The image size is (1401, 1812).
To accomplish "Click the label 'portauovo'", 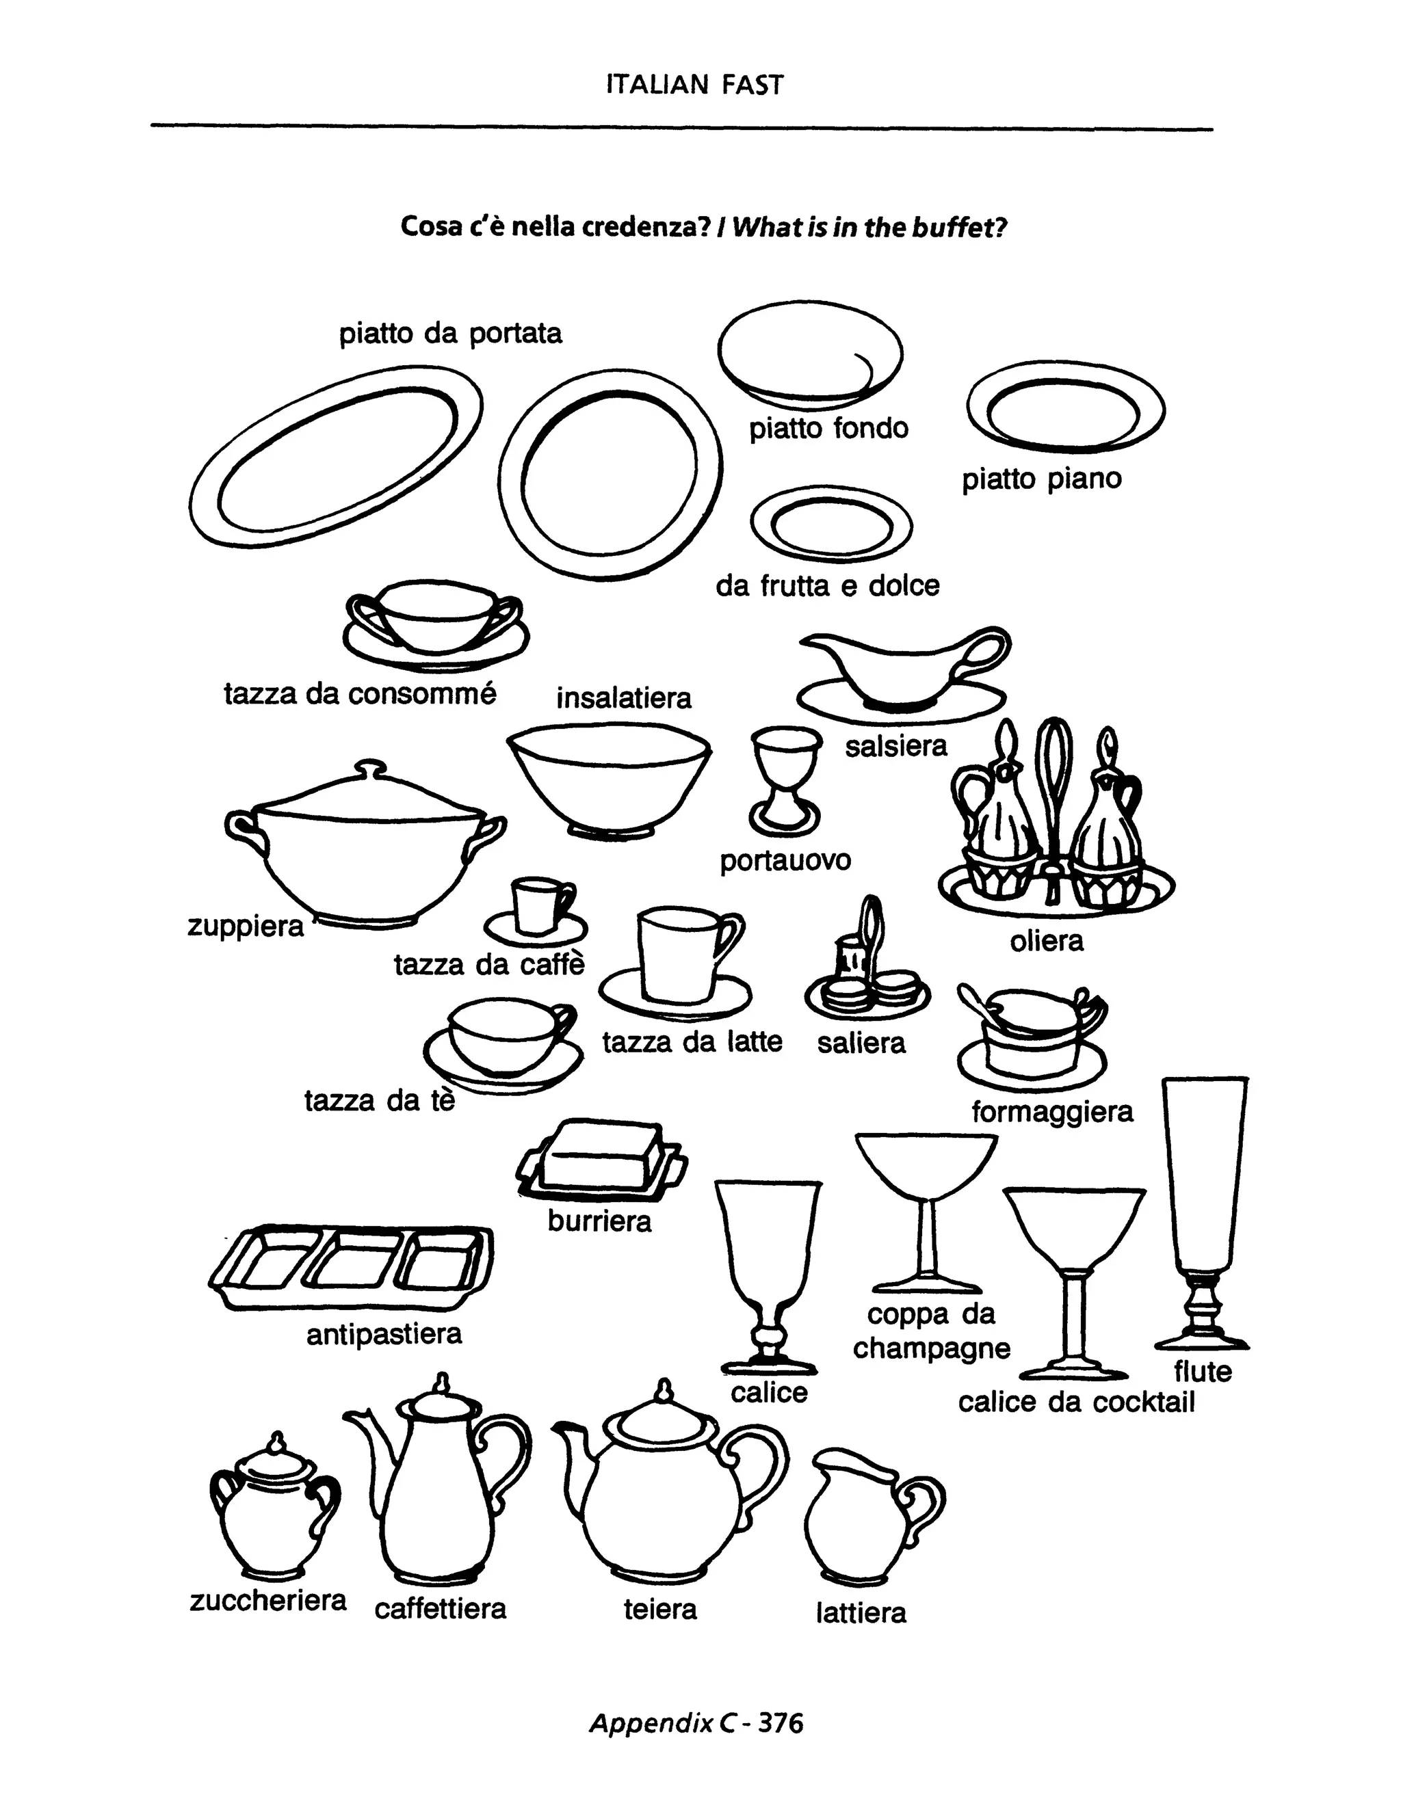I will point(785,860).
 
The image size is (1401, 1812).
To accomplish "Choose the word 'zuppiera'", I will point(246,925).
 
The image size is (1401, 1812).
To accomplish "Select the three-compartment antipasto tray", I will point(350,1268).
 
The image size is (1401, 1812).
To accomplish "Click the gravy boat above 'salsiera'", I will point(900,672).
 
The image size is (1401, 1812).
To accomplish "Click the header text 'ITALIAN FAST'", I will point(694,85).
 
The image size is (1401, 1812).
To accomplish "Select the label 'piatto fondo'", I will point(828,428).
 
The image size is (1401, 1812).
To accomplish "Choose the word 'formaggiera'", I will point(1051,1111).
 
